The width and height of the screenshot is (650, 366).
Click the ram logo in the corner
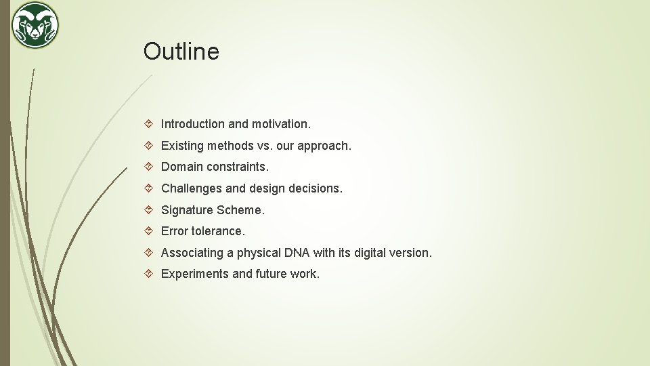tap(35, 25)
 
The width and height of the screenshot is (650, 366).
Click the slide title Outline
tap(181, 52)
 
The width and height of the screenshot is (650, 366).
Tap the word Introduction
tap(192, 124)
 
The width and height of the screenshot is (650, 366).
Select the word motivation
tap(281, 124)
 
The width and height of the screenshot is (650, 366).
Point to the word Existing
tap(182, 146)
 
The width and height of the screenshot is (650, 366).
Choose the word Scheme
tap(241, 210)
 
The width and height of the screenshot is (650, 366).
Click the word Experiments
tap(195, 274)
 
